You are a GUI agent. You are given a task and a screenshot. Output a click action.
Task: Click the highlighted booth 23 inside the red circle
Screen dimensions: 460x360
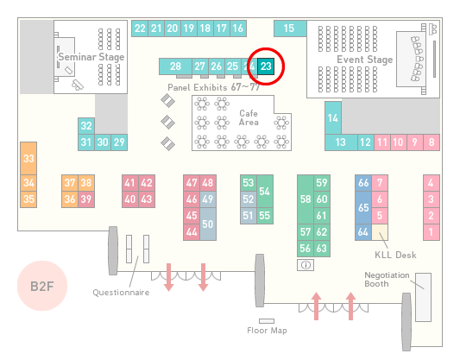(x=266, y=66)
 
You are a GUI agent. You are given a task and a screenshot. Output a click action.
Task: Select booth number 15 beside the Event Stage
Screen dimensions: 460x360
(x=290, y=28)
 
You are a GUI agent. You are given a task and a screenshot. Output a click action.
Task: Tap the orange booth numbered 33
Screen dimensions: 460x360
(x=28, y=159)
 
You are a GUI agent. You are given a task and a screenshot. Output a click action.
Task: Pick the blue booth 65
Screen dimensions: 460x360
(x=363, y=207)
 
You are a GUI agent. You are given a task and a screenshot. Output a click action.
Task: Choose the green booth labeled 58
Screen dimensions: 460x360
(x=306, y=199)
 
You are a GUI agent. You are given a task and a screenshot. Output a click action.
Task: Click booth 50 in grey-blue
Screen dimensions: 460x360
(x=208, y=224)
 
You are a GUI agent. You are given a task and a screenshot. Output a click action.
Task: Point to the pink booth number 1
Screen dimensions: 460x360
(x=432, y=232)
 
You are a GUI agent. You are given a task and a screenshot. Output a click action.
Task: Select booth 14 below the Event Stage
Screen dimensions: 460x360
(x=333, y=118)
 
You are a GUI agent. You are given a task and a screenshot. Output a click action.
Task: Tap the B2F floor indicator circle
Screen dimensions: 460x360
(x=42, y=286)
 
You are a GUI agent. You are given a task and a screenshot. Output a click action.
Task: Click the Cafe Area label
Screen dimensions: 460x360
(x=249, y=117)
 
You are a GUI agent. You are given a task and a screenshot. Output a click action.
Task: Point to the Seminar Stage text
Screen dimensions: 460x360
(x=91, y=57)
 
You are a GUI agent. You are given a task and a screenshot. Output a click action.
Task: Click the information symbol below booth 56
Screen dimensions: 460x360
(x=306, y=265)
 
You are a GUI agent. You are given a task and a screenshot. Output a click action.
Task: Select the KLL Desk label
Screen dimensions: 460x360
(x=395, y=255)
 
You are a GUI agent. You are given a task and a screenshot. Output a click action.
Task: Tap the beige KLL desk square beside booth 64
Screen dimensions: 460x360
(x=380, y=232)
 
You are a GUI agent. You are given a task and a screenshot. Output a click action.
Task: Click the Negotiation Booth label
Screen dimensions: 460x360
(x=387, y=280)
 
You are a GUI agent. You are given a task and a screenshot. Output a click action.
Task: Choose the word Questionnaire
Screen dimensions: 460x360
(x=121, y=293)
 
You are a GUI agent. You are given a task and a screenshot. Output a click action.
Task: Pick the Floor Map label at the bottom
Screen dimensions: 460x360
(x=267, y=331)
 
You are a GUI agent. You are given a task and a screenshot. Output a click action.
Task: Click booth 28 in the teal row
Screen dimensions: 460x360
(x=175, y=66)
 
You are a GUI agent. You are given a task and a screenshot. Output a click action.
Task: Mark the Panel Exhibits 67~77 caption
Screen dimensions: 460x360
(x=213, y=87)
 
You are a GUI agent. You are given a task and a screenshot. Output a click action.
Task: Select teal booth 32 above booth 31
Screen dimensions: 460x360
(x=86, y=126)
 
